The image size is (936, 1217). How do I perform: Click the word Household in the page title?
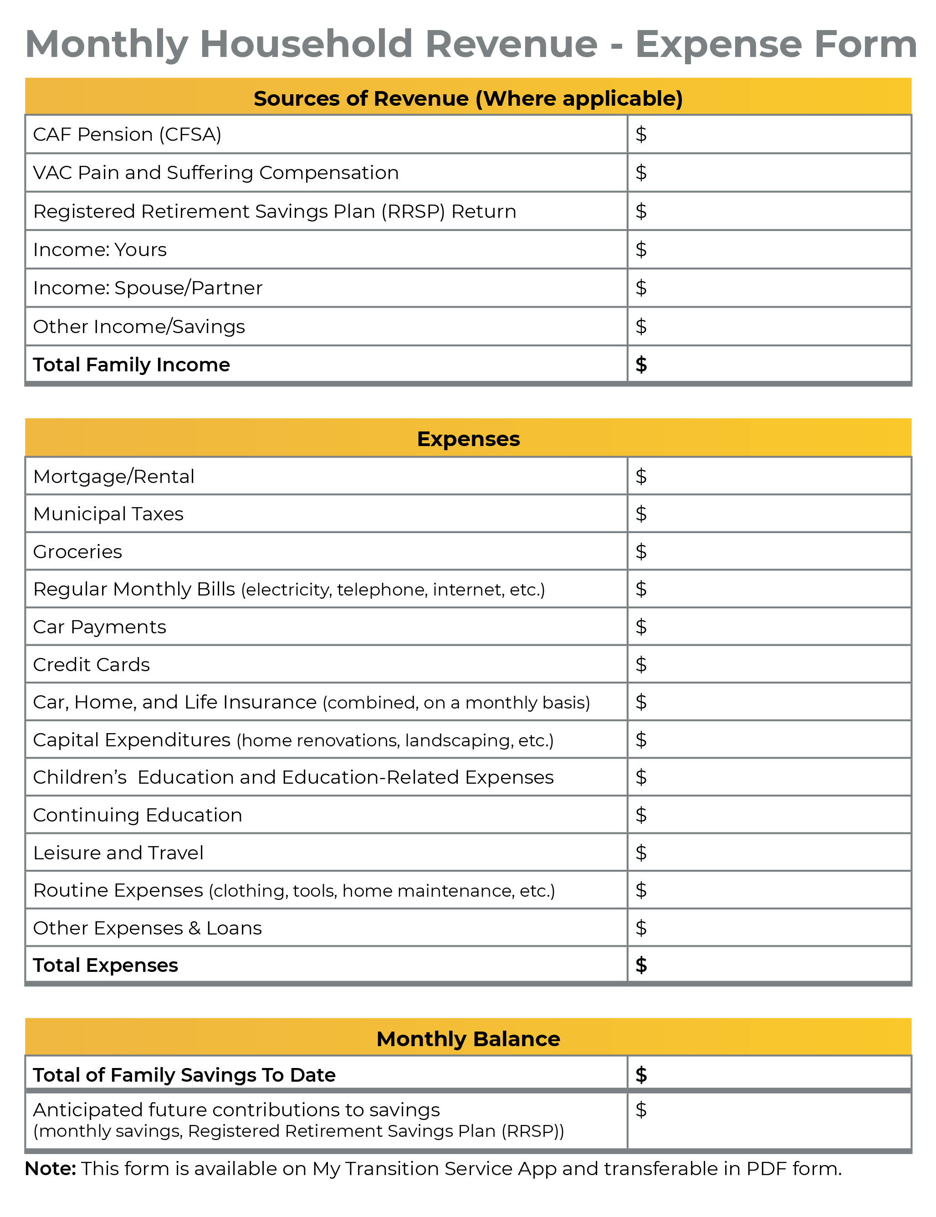(x=306, y=44)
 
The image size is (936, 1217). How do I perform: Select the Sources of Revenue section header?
(x=468, y=98)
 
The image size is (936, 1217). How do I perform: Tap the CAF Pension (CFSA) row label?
(x=127, y=135)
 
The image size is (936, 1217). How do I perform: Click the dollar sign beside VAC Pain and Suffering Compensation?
(x=641, y=173)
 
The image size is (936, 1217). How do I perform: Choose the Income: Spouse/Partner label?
(x=148, y=288)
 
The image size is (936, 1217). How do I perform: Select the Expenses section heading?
(x=468, y=439)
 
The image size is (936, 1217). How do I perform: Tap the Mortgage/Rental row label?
(x=114, y=477)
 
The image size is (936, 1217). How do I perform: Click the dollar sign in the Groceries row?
(x=641, y=552)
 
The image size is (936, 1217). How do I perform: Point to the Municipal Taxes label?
(x=108, y=514)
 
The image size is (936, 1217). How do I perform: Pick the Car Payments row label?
(x=100, y=627)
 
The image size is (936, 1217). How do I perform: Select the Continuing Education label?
(x=138, y=815)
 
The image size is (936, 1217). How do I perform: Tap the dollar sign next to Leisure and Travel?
(x=641, y=852)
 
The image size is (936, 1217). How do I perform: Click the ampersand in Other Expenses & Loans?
(x=194, y=928)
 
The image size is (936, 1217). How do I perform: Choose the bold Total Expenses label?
(x=105, y=965)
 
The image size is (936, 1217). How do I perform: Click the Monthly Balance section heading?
(x=468, y=1039)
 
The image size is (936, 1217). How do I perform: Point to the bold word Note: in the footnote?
(x=51, y=1169)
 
